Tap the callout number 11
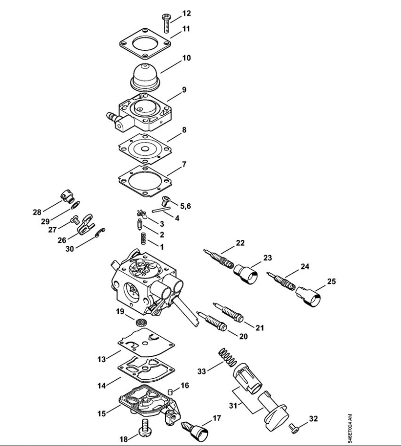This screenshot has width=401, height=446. (x=186, y=29)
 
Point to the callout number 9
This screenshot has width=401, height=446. (x=184, y=90)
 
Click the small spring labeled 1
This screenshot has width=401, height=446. (x=142, y=237)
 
